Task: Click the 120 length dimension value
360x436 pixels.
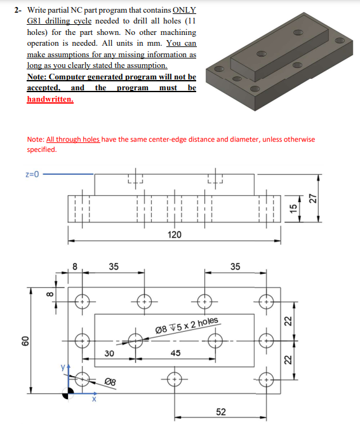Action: (175, 235)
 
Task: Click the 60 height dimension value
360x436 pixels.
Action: (25, 341)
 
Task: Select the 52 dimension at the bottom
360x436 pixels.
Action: (221, 412)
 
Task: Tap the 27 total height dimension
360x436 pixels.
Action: (313, 198)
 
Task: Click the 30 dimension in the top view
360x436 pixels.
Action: (109, 353)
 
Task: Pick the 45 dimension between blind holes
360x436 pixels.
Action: (175, 353)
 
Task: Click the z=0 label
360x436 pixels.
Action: (32, 174)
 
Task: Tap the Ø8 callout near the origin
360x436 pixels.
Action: (110, 381)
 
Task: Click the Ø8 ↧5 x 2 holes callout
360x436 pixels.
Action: (187, 325)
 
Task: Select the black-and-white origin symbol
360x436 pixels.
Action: (68, 393)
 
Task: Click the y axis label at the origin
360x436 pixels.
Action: (63, 367)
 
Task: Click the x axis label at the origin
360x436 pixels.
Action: (94, 400)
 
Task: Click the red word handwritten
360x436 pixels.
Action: (50, 99)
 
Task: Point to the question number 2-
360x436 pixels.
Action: (18, 10)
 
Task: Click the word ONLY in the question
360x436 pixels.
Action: (184, 10)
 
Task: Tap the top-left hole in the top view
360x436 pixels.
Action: (83, 301)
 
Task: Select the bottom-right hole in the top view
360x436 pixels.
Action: (266, 379)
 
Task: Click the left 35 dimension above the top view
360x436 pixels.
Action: (114, 266)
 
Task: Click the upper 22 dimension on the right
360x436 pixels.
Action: (288, 321)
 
